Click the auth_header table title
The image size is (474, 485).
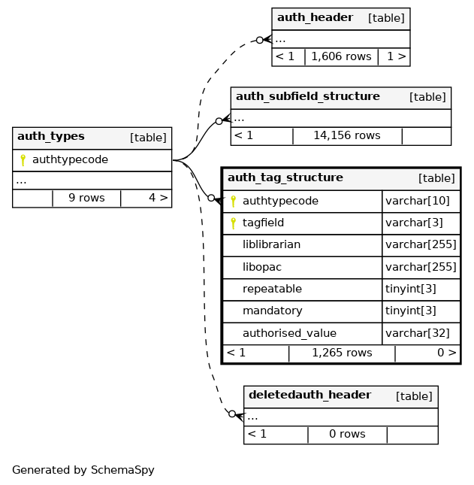[315, 18]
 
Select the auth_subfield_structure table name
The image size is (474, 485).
[307, 97]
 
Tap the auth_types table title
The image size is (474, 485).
[50, 137]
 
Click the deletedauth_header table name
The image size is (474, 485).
[309, 396]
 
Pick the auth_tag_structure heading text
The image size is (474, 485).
[285, 178]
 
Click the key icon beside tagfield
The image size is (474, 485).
[233, 223]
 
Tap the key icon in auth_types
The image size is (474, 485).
[23, 160]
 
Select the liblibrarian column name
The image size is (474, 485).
[271, 245]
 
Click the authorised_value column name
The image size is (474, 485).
[289, 333]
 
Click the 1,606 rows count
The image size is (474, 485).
[341, 56]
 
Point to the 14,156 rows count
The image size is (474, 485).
[346, 136]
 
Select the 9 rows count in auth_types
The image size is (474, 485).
[86, 199]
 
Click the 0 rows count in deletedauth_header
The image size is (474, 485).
[347, 435]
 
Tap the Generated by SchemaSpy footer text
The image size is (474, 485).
[83, 471]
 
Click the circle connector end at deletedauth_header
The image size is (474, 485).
[232, 414]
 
